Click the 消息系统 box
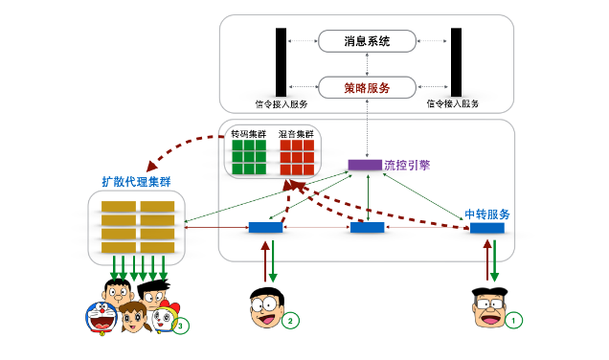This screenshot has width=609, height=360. coord(367,41)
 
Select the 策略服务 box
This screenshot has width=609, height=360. coord(367,87)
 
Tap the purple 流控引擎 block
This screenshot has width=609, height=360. coord(364,165)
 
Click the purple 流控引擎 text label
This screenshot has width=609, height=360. coord(407,165)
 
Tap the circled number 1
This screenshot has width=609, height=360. coord(514,321)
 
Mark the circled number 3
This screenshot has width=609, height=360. coord(181,326)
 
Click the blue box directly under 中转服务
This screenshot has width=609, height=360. coord(486,228)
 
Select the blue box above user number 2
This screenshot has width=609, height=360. coord(265,228)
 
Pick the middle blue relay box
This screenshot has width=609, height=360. coord(367,228)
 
